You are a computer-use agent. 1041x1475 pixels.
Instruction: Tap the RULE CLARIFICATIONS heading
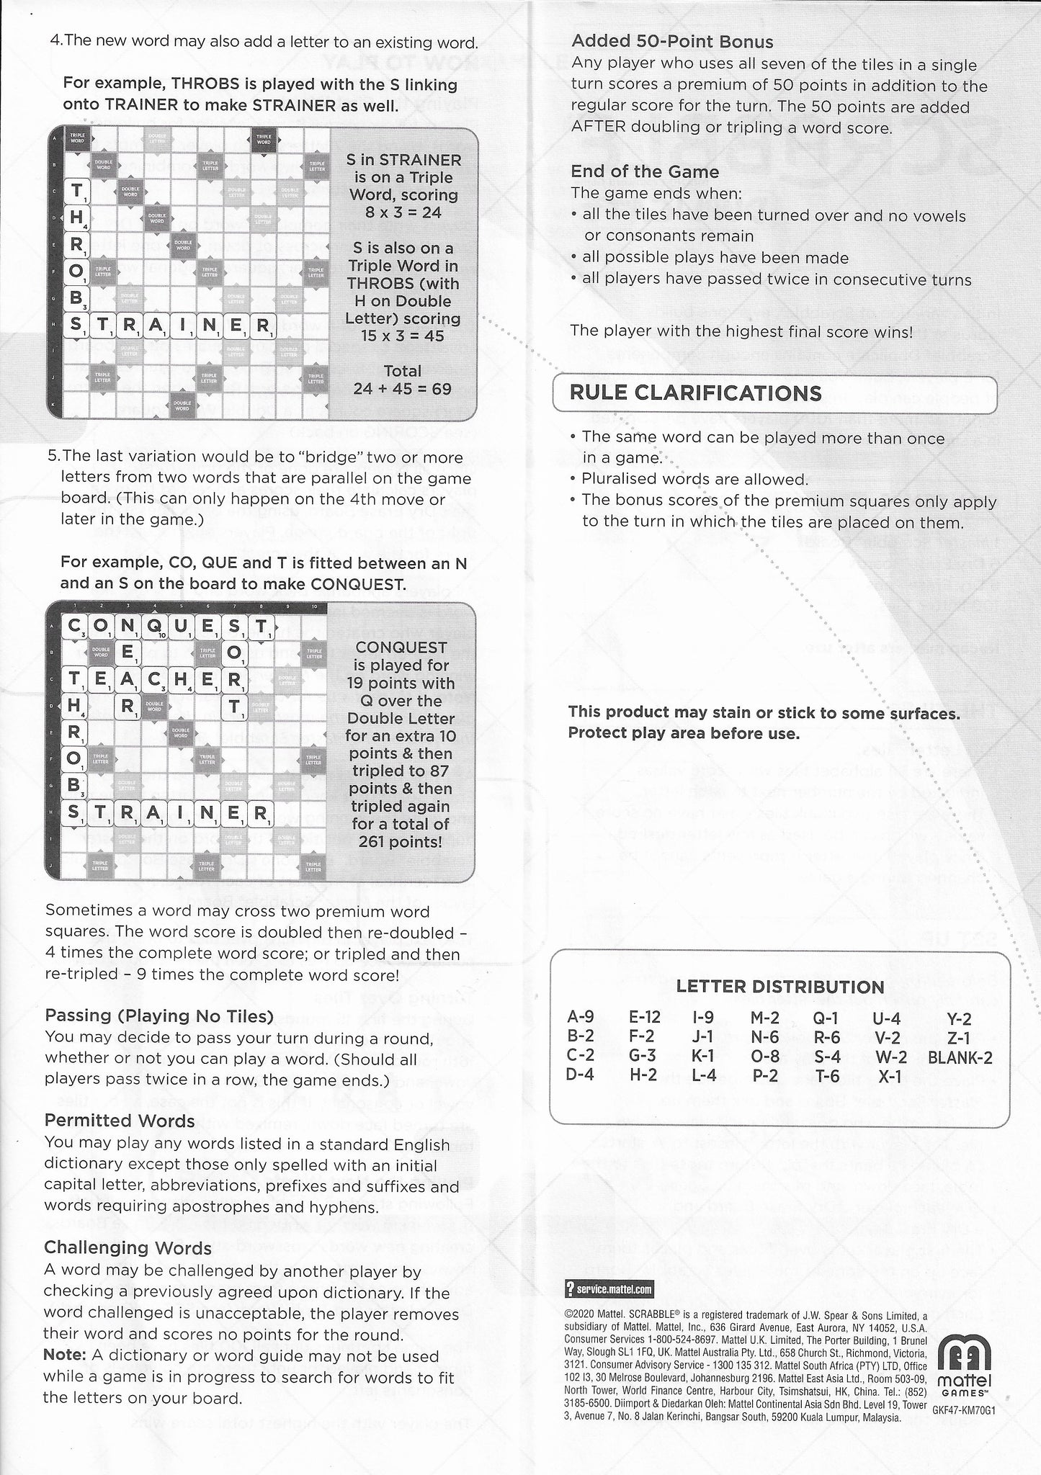pos(695,393)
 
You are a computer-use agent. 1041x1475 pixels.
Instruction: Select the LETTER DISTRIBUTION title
pos(780,987)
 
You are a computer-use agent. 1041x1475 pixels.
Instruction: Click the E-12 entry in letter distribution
pos(644,1017)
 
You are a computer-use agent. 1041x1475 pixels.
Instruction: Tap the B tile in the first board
pos(76,297)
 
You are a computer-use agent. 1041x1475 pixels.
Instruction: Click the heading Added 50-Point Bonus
pos(672,42)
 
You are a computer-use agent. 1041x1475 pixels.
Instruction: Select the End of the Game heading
pos(645,171)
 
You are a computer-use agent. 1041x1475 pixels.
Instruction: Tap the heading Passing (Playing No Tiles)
pos(159,1016)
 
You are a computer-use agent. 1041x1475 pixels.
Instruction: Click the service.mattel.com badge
pos(610,1289)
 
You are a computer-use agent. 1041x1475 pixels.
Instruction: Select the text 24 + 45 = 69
pos(402,389)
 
